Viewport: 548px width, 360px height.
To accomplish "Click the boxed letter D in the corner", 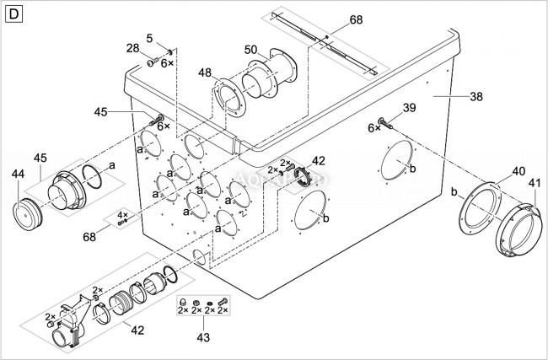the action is [x=14, y=14].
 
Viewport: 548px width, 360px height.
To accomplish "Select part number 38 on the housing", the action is [x=476, y=96].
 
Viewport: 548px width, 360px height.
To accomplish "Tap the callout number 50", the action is [x=250, y=50].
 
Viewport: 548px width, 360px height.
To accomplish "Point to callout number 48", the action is [x=205, y=73].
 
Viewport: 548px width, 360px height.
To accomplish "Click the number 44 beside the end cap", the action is [x=19, y=174].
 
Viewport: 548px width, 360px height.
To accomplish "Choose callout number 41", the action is [x=535, y=183].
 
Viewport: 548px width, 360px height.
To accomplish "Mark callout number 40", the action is [x=518, y=171].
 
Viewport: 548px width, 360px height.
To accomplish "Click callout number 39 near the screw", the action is [x=409, y=108].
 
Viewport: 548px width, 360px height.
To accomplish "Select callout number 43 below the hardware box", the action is [x=203, y=337].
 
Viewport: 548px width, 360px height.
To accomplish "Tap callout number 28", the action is [x=133, y=48].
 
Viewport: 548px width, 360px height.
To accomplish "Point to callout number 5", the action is [x=149, y=38].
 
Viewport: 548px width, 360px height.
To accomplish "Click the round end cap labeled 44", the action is [x=27, y=214].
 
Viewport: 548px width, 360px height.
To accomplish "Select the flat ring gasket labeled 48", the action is [x=229, y=99].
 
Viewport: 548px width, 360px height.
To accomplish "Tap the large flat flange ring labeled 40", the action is [x=481, y=208].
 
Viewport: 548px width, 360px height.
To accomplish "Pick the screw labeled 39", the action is [x=385, y=123].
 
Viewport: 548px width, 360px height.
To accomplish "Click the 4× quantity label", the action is [x=122, y=214].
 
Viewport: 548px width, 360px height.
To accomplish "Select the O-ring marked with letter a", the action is [x=92, y=176].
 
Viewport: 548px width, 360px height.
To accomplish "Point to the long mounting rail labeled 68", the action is [x=325, y=43].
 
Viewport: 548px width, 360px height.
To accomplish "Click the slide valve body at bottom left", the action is [x=70, y=323].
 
